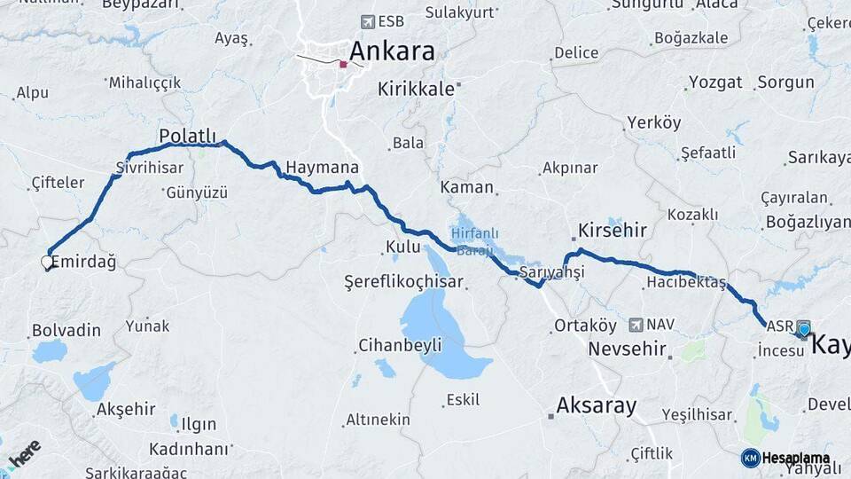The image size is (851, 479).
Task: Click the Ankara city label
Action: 392,51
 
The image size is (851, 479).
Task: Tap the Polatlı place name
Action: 187,136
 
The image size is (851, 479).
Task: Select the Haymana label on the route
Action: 322,168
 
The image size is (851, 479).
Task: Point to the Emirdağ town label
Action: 83,262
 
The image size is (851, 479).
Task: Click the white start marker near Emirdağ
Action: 47,262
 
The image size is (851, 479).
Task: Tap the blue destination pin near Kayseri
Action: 804,331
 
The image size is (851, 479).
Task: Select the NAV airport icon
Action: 636,326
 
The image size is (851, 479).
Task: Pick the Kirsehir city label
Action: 613,231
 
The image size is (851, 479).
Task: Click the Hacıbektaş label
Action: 685,283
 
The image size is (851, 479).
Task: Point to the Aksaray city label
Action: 596,406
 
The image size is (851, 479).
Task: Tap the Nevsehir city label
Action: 627,349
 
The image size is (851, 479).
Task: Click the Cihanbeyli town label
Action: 400,345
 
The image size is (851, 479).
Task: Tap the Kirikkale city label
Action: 416,89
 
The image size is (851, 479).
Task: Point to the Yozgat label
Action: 715,82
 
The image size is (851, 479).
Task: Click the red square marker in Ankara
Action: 343,64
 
